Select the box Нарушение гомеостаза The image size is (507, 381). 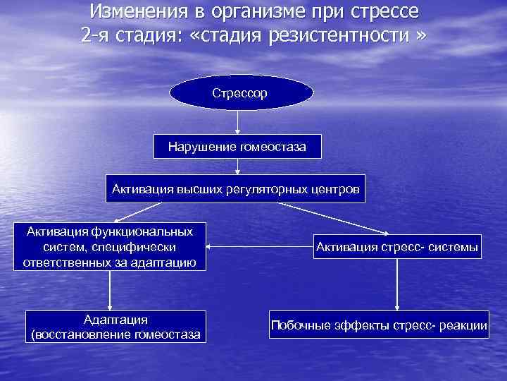[x=238, y=147]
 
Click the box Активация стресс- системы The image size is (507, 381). [x=397, y=246]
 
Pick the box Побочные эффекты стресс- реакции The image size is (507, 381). [x=379, y=325]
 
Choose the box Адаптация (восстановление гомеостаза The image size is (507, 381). [x=115, y=327]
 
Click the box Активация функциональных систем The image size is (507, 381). [x=110, y=247]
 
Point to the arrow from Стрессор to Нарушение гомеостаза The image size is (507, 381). [x=238, y=122]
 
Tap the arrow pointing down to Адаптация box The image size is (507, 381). [x=110, y=290]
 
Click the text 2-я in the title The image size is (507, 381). [x=96, y=35]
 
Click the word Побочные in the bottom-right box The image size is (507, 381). [x=299, y=325]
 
